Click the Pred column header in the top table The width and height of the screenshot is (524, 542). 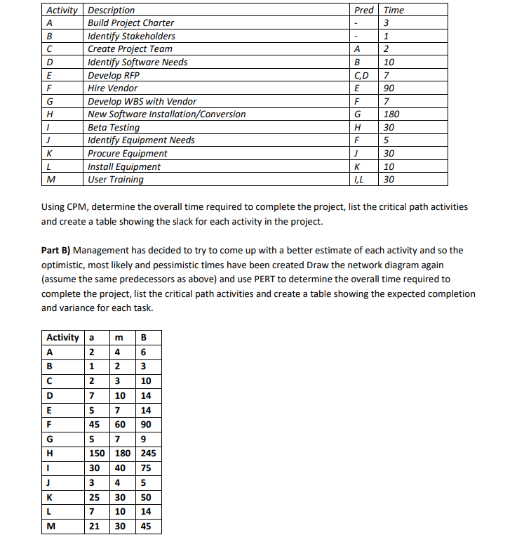click(x=364, y=10)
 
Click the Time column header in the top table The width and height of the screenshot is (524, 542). click(x=394, y=10)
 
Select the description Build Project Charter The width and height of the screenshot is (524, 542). click(x=130, y=23)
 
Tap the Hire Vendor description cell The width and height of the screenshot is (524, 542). click(x=112, y=88)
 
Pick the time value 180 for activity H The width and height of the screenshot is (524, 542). click(x=392, y=114)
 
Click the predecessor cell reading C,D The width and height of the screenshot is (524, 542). click(x=363, y=75)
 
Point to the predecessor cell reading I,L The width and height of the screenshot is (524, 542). click(x=362, y=180)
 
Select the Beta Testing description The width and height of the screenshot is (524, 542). click(x=113, y=128)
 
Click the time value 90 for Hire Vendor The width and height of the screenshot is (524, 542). click(x=389, y=88)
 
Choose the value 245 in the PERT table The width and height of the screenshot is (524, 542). click(x=148, y=453)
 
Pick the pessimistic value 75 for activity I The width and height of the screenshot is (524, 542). click(x=147, y=468)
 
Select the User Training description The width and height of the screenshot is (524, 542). click(x=115, y=180)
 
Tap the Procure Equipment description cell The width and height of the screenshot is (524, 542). click(x=127, y=154)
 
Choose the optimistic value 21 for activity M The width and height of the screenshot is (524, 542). click(x=94, y=526)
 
